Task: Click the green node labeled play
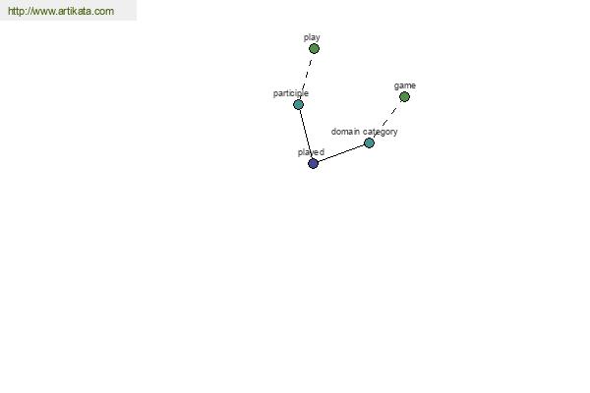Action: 314,48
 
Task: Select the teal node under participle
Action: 298,104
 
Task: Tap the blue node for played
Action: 313,164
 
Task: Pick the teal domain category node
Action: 369,142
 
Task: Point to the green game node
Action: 404,97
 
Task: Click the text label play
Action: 312,37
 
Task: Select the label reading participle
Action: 291,93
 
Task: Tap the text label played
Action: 311,152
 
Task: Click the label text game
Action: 405,85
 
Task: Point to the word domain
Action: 345,132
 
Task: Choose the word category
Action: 381,132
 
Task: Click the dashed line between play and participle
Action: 307,75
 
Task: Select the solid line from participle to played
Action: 306,134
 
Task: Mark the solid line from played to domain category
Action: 341,153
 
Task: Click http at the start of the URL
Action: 15,11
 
